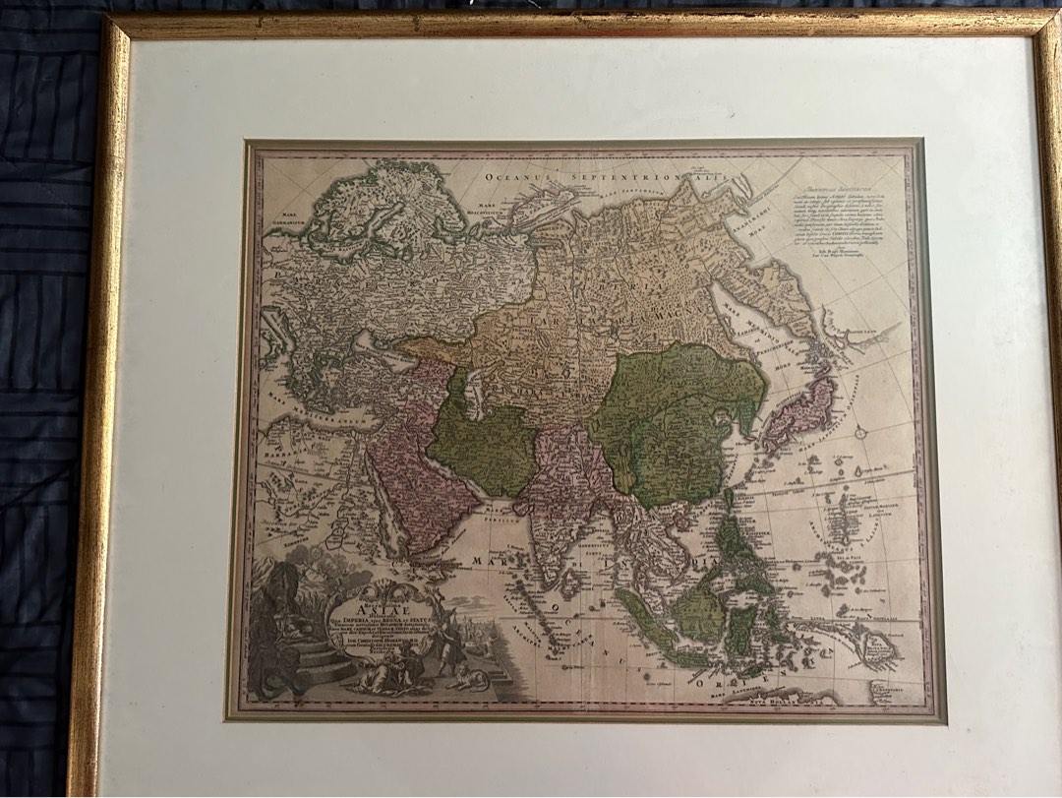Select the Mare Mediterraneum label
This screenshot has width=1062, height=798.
coord(295,404)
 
